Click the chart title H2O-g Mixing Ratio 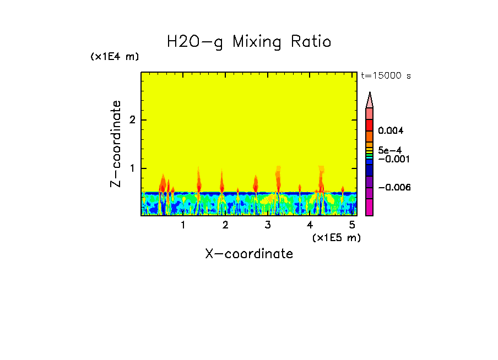(x=249, y=42)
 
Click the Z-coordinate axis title (x=116, y=144)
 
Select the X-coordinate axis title (x=249, y=254)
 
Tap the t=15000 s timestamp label (x=386, y=76)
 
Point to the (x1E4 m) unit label (x=115, y=57)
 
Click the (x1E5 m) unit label (x=336, y=237)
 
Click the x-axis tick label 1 (x=183, y=225)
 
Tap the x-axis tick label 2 (x=225, y=225)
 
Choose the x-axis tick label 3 (x=268, y=225)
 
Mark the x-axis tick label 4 (x=310, y=225)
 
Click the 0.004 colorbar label (x=391, y=131)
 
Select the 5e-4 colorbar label (x=389, y=150)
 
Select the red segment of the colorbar (x=370, y=125)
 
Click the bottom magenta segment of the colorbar (x=370, y=207)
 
